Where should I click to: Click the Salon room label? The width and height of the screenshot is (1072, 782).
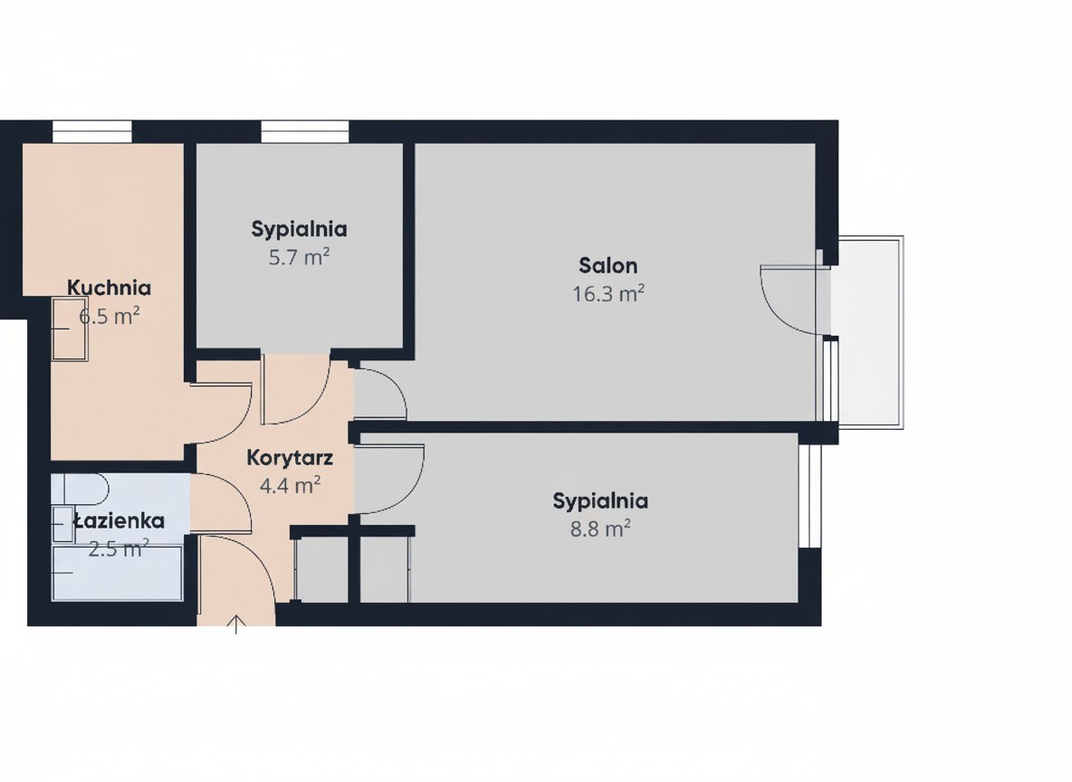(x=608, y=265)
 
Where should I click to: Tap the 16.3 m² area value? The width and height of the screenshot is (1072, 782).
(x=608, y=294)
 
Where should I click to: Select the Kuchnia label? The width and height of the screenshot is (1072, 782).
(x=109, y=288)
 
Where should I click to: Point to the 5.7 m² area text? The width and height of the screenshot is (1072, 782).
(x=299, y=258)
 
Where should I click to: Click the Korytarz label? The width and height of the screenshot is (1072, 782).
(x=290, y=457)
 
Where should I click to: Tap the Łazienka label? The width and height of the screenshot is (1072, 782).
(x=119, y=520)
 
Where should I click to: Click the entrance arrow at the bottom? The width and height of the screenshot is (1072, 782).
(x=236, y=625)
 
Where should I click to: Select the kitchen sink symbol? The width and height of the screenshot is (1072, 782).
(x=70, y=329)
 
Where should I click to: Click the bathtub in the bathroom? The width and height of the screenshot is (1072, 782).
(x=117, y=573)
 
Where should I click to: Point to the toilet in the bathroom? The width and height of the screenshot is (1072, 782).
(x=86, y=490)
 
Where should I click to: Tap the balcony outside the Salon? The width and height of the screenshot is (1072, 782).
(x=867, y=332)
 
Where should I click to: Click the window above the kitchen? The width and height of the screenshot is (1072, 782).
(x=92, y=132)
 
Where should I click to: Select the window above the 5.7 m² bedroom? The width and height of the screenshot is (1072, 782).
(x=305, y=132)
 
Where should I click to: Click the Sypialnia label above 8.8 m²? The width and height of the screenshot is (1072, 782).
(x=600, y=501)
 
